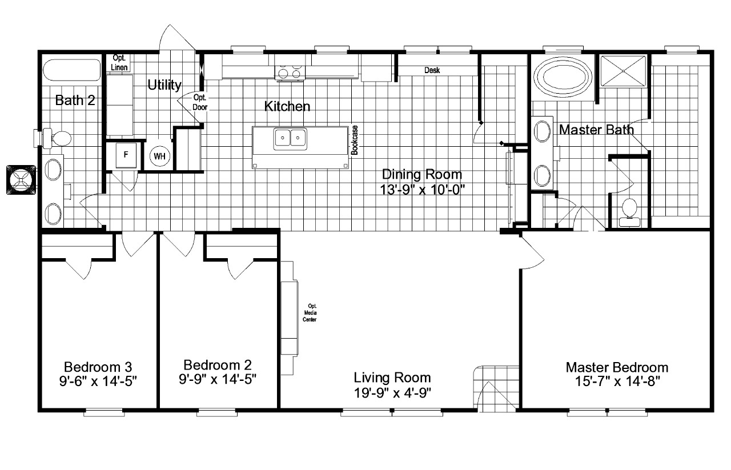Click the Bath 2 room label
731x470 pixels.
click(x=75, y=101)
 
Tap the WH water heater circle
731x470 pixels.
click(x=158, y=156)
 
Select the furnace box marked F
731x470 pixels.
click(x=126, y=155)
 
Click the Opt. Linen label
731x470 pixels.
click(x=119, y=62)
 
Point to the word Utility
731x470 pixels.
click(x=164, y=86)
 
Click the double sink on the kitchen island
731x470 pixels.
click(x=291, y=138)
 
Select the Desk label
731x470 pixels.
click(x=432, y=70)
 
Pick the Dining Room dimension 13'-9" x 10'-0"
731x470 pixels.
click(x=421, y=190)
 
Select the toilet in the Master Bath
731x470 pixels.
click(x=628, y=208)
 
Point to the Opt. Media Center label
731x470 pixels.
click(x=312, y=312)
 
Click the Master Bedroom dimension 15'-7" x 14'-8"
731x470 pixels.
click(x=617, y=381)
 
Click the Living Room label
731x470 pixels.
click(x=392, y=377)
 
